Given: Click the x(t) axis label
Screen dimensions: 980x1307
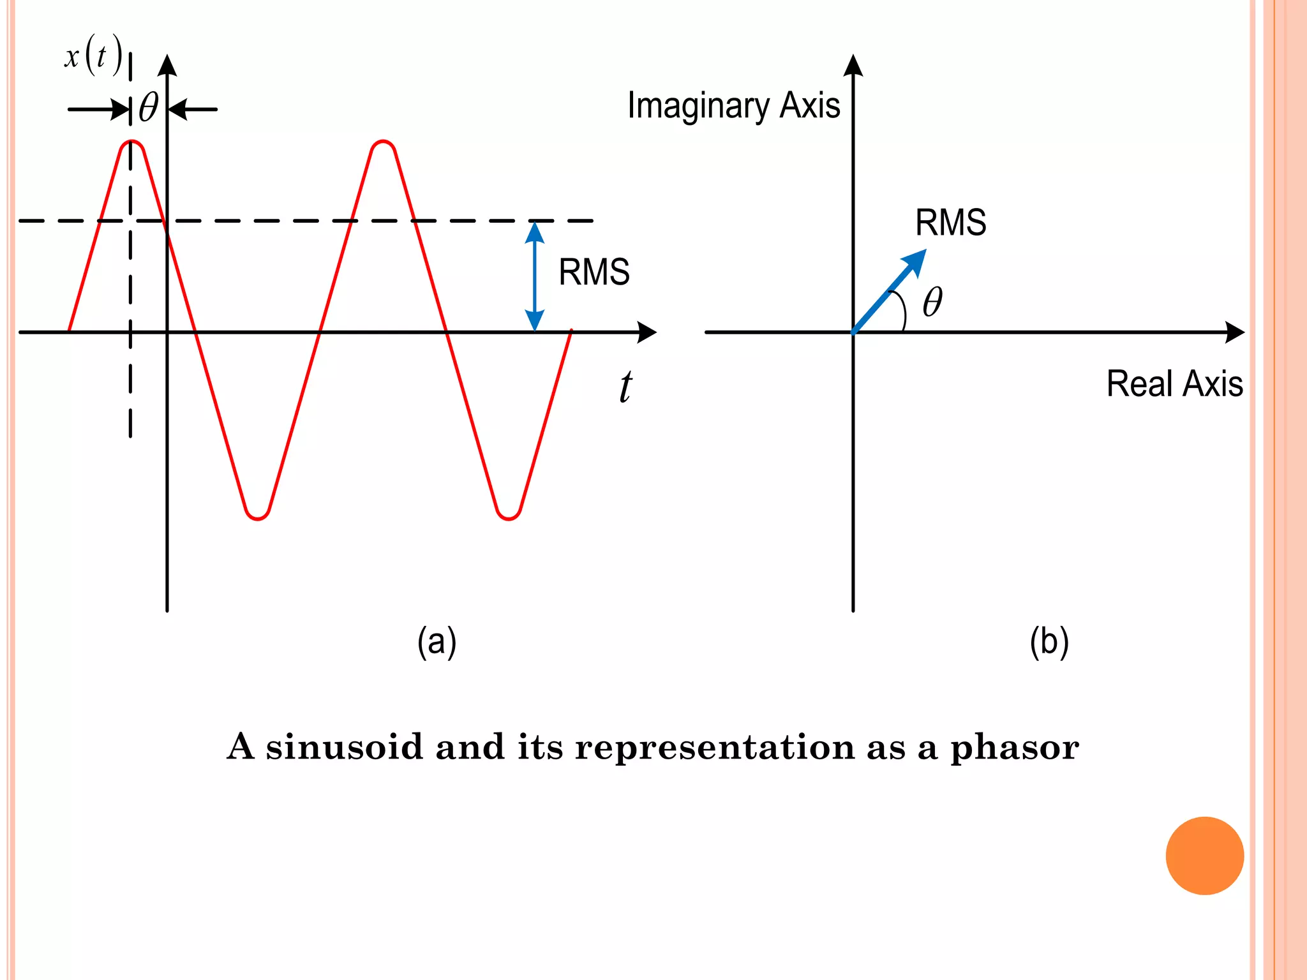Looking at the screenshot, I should pyautogui.click(x=93, y=56).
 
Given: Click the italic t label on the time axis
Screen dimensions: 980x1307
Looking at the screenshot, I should pyautogui.click(x=625, y=387).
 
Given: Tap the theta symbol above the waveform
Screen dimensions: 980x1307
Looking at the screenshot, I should pyautogui.click(x=149, y=107).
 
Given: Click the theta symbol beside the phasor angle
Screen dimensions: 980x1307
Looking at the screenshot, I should pyautogui.click(x=932, y=302).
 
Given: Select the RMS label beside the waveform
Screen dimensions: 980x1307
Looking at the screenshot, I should pyautogui.click(x=594, y=272).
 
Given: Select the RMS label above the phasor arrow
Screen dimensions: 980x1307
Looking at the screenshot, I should pyautogui.click(x=950, y=223).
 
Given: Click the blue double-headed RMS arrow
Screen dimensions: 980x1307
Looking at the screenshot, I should pyautogui.click(x=534, y=276).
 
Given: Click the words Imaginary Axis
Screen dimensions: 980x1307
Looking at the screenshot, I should pyautogui.click(x=733, y=106).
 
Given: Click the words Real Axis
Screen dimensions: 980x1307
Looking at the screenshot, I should pyautogui.click(x=1174, y=384).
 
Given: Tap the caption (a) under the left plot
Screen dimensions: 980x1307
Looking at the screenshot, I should pyautogui.click(x=437, y=642).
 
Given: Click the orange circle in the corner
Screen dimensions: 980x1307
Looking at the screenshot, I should pyautogui.click(x=1204, y=856).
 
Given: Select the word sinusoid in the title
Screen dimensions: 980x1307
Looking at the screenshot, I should pyautogui.click(x=345, y=746).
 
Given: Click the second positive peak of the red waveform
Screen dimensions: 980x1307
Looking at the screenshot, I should pyautogui.click(x=382, y=142).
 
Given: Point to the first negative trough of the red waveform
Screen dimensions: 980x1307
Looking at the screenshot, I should pyautogui.click(x=257, y=517).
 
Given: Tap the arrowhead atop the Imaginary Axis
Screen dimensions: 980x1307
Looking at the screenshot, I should pyautogui.click(x=853, y=66).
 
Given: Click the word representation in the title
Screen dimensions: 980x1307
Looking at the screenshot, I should pyautogui.click(x=715, y=747).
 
